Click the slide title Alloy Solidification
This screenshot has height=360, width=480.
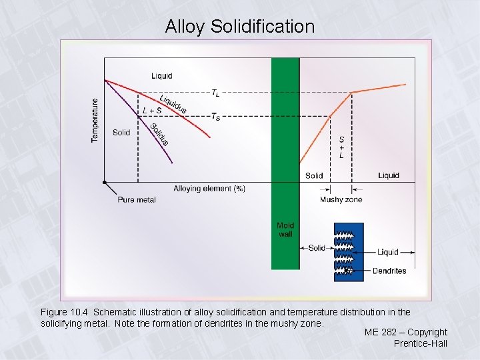240,27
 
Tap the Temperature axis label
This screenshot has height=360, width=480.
95,120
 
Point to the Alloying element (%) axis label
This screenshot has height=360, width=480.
209,189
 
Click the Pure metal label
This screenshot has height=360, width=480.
136,199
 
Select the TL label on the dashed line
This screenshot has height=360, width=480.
217,93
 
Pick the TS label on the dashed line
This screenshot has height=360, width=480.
215,117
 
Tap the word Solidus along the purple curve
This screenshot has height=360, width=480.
159,134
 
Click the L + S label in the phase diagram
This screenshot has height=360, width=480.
152,111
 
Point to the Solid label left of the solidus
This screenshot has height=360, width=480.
121,133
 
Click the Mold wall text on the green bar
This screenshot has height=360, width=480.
285,230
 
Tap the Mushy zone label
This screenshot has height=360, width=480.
341,199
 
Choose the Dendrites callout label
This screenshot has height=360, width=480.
390,271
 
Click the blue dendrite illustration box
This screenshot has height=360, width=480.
349,252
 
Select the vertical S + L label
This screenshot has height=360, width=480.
341,147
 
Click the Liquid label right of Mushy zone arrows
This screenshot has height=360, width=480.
389,175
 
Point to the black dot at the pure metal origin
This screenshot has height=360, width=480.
105,181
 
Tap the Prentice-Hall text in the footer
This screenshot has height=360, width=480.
420,343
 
